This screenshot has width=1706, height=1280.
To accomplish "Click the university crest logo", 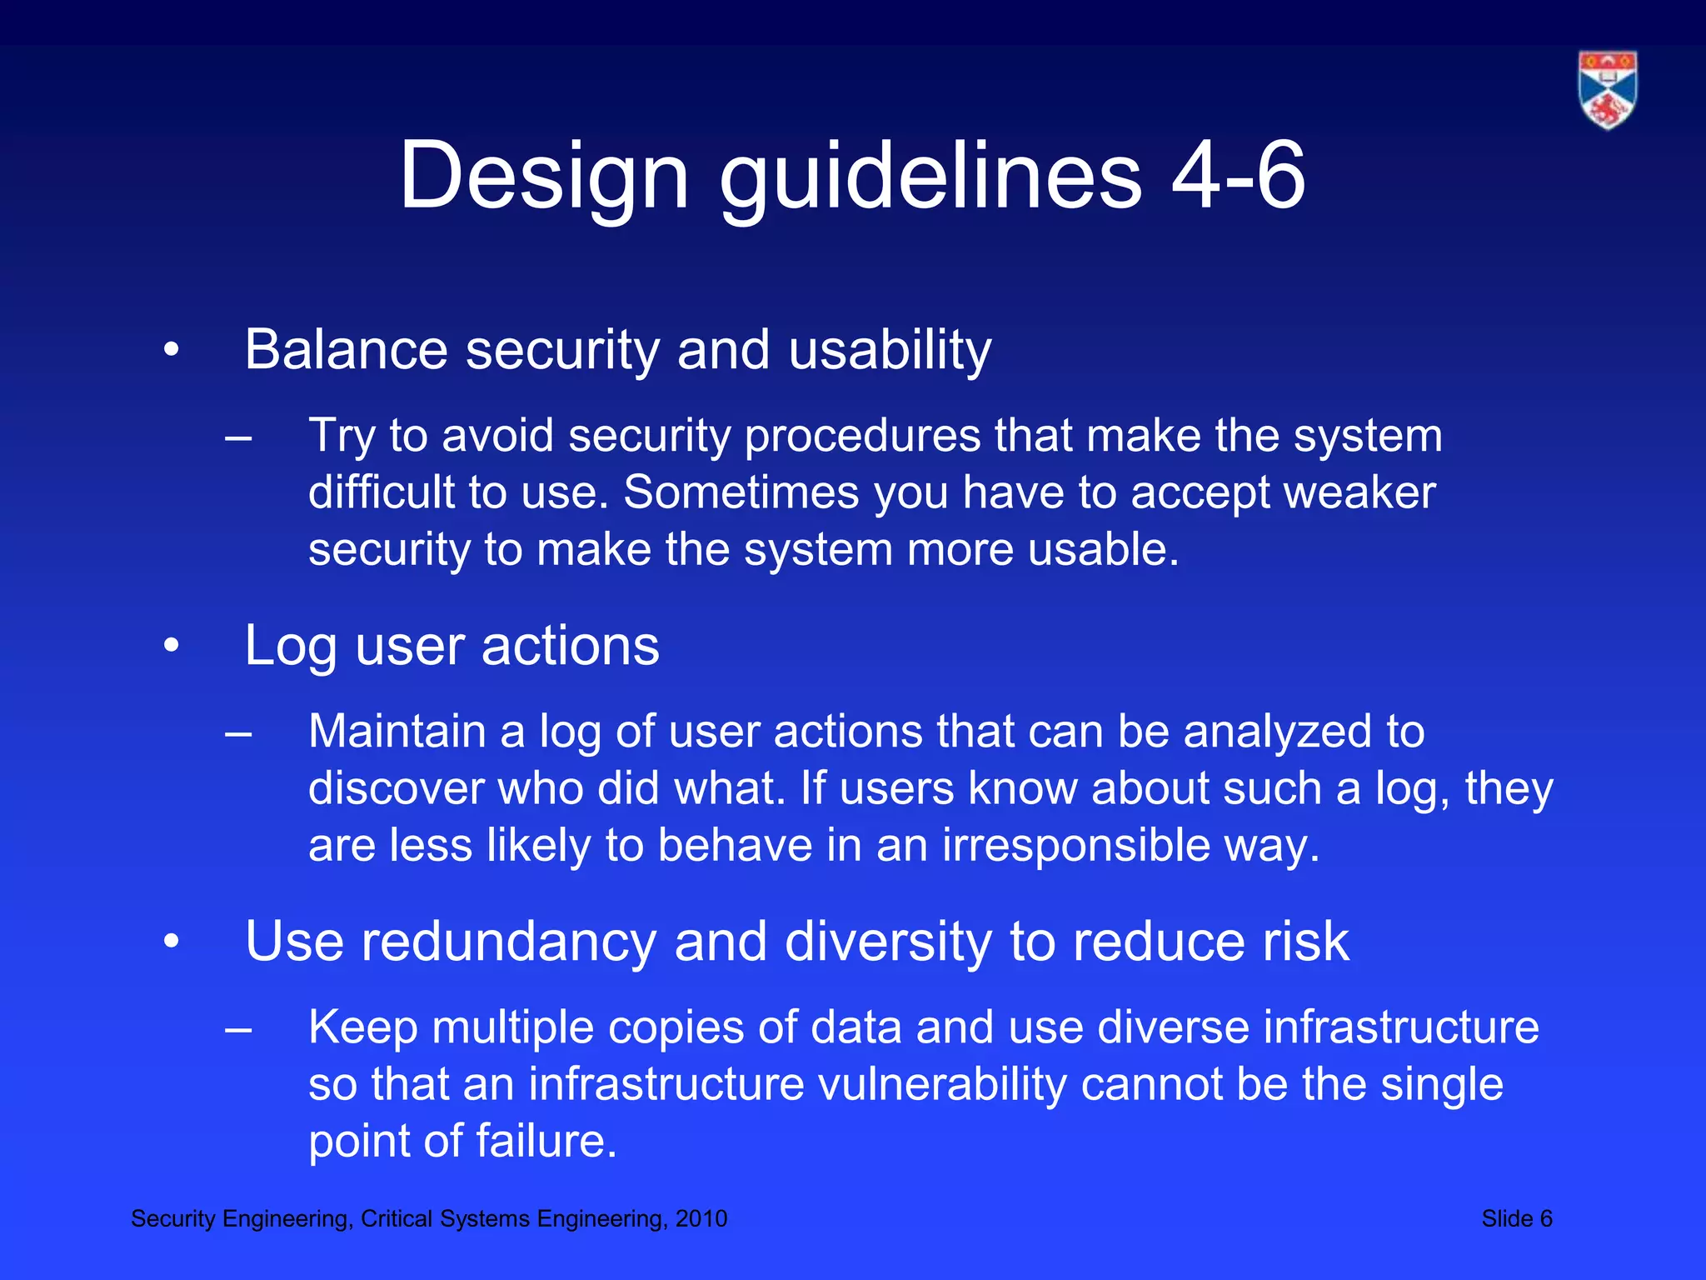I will tap(1607, 90).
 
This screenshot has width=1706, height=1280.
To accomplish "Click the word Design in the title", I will tap(544, 177).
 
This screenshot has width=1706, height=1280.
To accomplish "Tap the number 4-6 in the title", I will tap(1238, 177).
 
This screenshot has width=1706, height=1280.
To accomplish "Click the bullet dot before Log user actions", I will tap(172, 646).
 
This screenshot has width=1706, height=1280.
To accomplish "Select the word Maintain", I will tap(397, 732).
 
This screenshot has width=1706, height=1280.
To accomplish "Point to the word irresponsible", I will tap(1075, 845).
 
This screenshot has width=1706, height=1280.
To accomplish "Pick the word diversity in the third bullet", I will tap(888, 942).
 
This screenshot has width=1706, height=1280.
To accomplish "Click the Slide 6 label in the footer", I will tap(1516, 1219).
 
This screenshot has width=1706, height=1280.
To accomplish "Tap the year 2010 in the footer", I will tap(701, 1219).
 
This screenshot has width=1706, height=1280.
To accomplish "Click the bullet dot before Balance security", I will tap(172, 351).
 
